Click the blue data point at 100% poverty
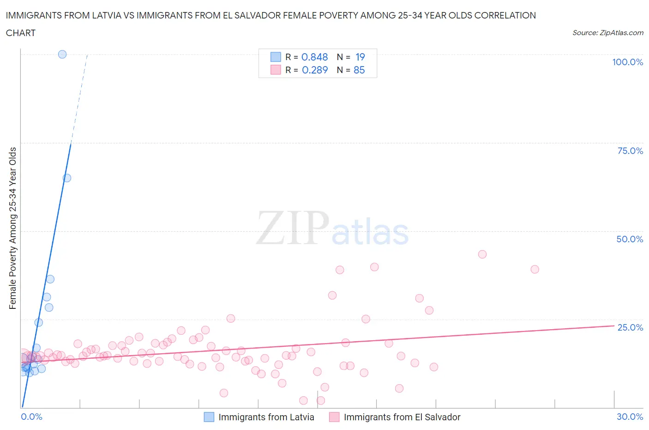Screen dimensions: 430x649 62,54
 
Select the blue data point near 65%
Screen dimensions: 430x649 67,178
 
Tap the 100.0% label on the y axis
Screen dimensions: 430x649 627,62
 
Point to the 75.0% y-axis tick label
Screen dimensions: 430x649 630,151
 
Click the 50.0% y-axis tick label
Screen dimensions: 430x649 630,239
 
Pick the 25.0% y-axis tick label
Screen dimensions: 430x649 630,327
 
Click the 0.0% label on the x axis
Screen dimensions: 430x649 31,417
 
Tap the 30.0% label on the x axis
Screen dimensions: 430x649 630,417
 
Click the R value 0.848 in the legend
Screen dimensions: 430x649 314,57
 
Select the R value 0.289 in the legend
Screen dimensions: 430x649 315,70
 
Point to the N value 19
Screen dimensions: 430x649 360,57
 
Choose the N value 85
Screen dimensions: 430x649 359,70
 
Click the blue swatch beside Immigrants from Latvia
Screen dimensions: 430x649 209,417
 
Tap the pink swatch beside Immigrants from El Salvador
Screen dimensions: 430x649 334,417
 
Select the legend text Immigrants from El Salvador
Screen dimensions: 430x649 402,417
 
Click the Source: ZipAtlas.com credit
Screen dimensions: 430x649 607,32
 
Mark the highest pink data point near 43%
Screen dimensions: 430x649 482,254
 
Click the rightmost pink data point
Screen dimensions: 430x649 535,269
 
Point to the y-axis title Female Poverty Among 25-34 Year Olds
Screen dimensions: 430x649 12,228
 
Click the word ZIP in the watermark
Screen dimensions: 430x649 292,228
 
